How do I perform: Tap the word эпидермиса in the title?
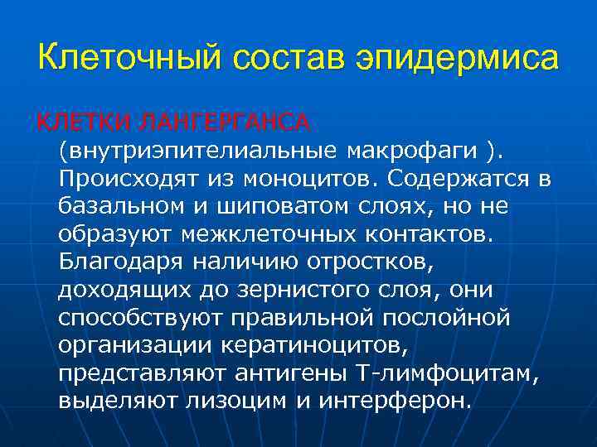tap(457, 60)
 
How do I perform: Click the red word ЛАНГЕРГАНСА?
tap(226, 123)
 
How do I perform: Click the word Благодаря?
tap(122, 261)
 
